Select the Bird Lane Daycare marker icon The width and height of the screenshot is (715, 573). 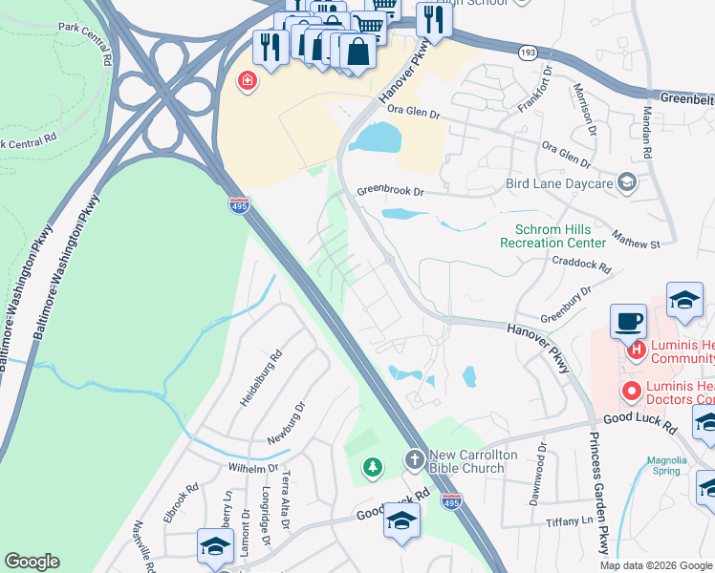click(627, 182)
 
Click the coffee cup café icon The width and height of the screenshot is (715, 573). click(628, 321)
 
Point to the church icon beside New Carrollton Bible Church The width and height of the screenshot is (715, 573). click(414, 460)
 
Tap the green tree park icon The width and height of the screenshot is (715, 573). click(372, 467)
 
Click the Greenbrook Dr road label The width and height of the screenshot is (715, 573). click(389, 190)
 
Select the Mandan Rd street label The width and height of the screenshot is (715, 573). click(646, 133)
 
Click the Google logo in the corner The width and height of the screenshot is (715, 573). click(32, 562)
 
